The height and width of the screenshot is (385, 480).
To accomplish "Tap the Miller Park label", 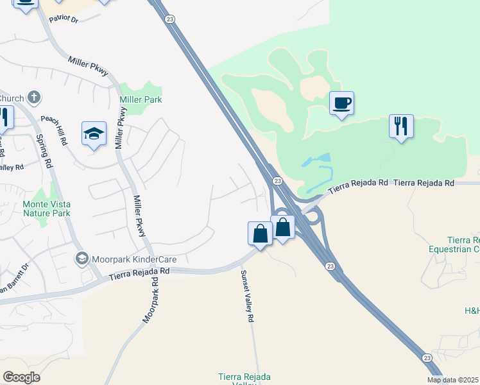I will coord(141,99).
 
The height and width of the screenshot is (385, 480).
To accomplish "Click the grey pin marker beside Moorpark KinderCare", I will coord(81,259).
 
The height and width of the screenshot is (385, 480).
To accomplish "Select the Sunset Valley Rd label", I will coord(247,296).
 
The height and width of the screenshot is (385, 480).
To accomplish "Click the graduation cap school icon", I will coord(94,134).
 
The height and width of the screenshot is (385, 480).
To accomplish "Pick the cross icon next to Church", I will coord(34,98).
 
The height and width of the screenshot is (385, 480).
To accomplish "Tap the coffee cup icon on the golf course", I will coord(341,103).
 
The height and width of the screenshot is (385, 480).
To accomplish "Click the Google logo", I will coord(21,377).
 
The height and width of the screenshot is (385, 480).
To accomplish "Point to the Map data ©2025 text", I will coord(453,380).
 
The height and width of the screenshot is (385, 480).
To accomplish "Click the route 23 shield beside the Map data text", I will coord(427,357).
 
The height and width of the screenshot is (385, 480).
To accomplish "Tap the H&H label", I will coord(471,311).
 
